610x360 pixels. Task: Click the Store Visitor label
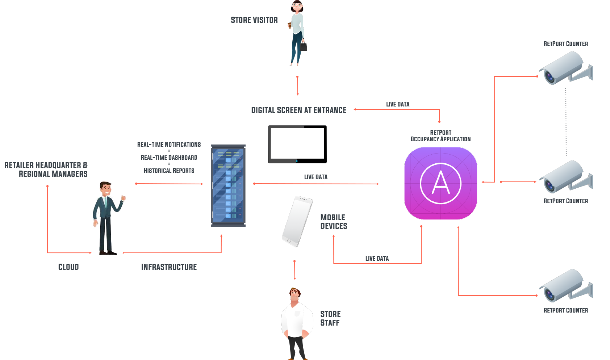pyautogui.click(x=254, y=20)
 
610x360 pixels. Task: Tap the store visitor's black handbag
pyautogui.click(x=304, y=46)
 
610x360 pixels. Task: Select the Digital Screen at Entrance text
pyautogui.click(x=298, y=110)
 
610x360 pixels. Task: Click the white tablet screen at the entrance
pyautogui.click(x=297, y=143)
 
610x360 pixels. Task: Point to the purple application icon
pyautogui.click(x=440, y=183)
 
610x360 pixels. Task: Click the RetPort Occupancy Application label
pyautogui.click(x=440, y=136)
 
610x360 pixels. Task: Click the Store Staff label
pyautogui.click(x=330, y=318)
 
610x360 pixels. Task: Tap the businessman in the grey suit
pyautogui.click(x=107, y=217)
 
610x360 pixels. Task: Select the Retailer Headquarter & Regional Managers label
pyautogui.click(x=46, y=169)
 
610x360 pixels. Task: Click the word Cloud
pyautogui.click(x=68, y=267)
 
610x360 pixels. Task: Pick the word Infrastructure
pyautogui.click(x=169, y=267)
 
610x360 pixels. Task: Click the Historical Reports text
pyautogui.click(x=169, y=171)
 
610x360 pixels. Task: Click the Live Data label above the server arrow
pyautogui.click(x=316, y=177)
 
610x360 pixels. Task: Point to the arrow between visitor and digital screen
pyautogui.click(x=297, y=85)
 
